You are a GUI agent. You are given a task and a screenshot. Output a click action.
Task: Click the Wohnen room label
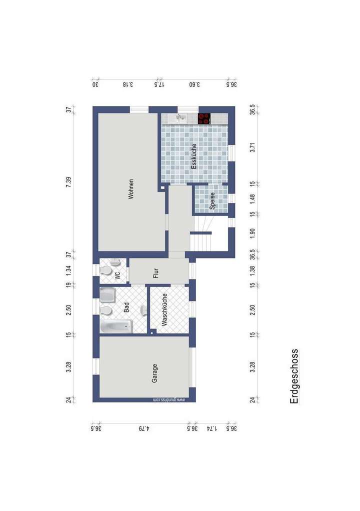[131, 189]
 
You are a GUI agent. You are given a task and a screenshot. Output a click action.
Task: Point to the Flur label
[156, 273]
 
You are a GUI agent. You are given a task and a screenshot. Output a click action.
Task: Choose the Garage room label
[155, 373]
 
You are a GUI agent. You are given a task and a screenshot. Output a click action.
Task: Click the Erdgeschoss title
[294, 376]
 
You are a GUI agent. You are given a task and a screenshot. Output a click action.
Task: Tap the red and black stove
[204, 119]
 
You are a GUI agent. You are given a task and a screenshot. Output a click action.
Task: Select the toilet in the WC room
[106, 270]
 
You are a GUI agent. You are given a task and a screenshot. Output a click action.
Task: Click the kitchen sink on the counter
[180, 118]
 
